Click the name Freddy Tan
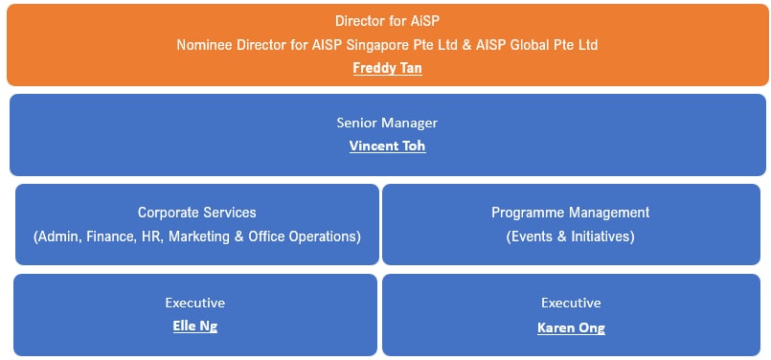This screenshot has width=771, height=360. click(387, 69)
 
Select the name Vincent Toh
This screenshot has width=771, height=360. click(387, 146)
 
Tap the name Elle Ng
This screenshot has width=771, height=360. click(195, 326)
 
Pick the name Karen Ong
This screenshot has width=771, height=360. click(571, 327)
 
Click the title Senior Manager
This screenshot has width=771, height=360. click(387, 124)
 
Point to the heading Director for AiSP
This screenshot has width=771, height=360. click(387, 20)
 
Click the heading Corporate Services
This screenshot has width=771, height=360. click(196, 213)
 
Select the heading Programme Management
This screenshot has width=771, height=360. click(570, 213)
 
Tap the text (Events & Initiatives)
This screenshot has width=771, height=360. click(570, 236)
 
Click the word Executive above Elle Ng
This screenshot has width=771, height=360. click(195, 304)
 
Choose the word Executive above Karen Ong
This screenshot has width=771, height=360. click(571, 304)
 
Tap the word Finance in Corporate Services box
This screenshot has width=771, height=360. click(113, 236)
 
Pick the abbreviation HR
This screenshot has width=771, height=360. click(152, 236)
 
